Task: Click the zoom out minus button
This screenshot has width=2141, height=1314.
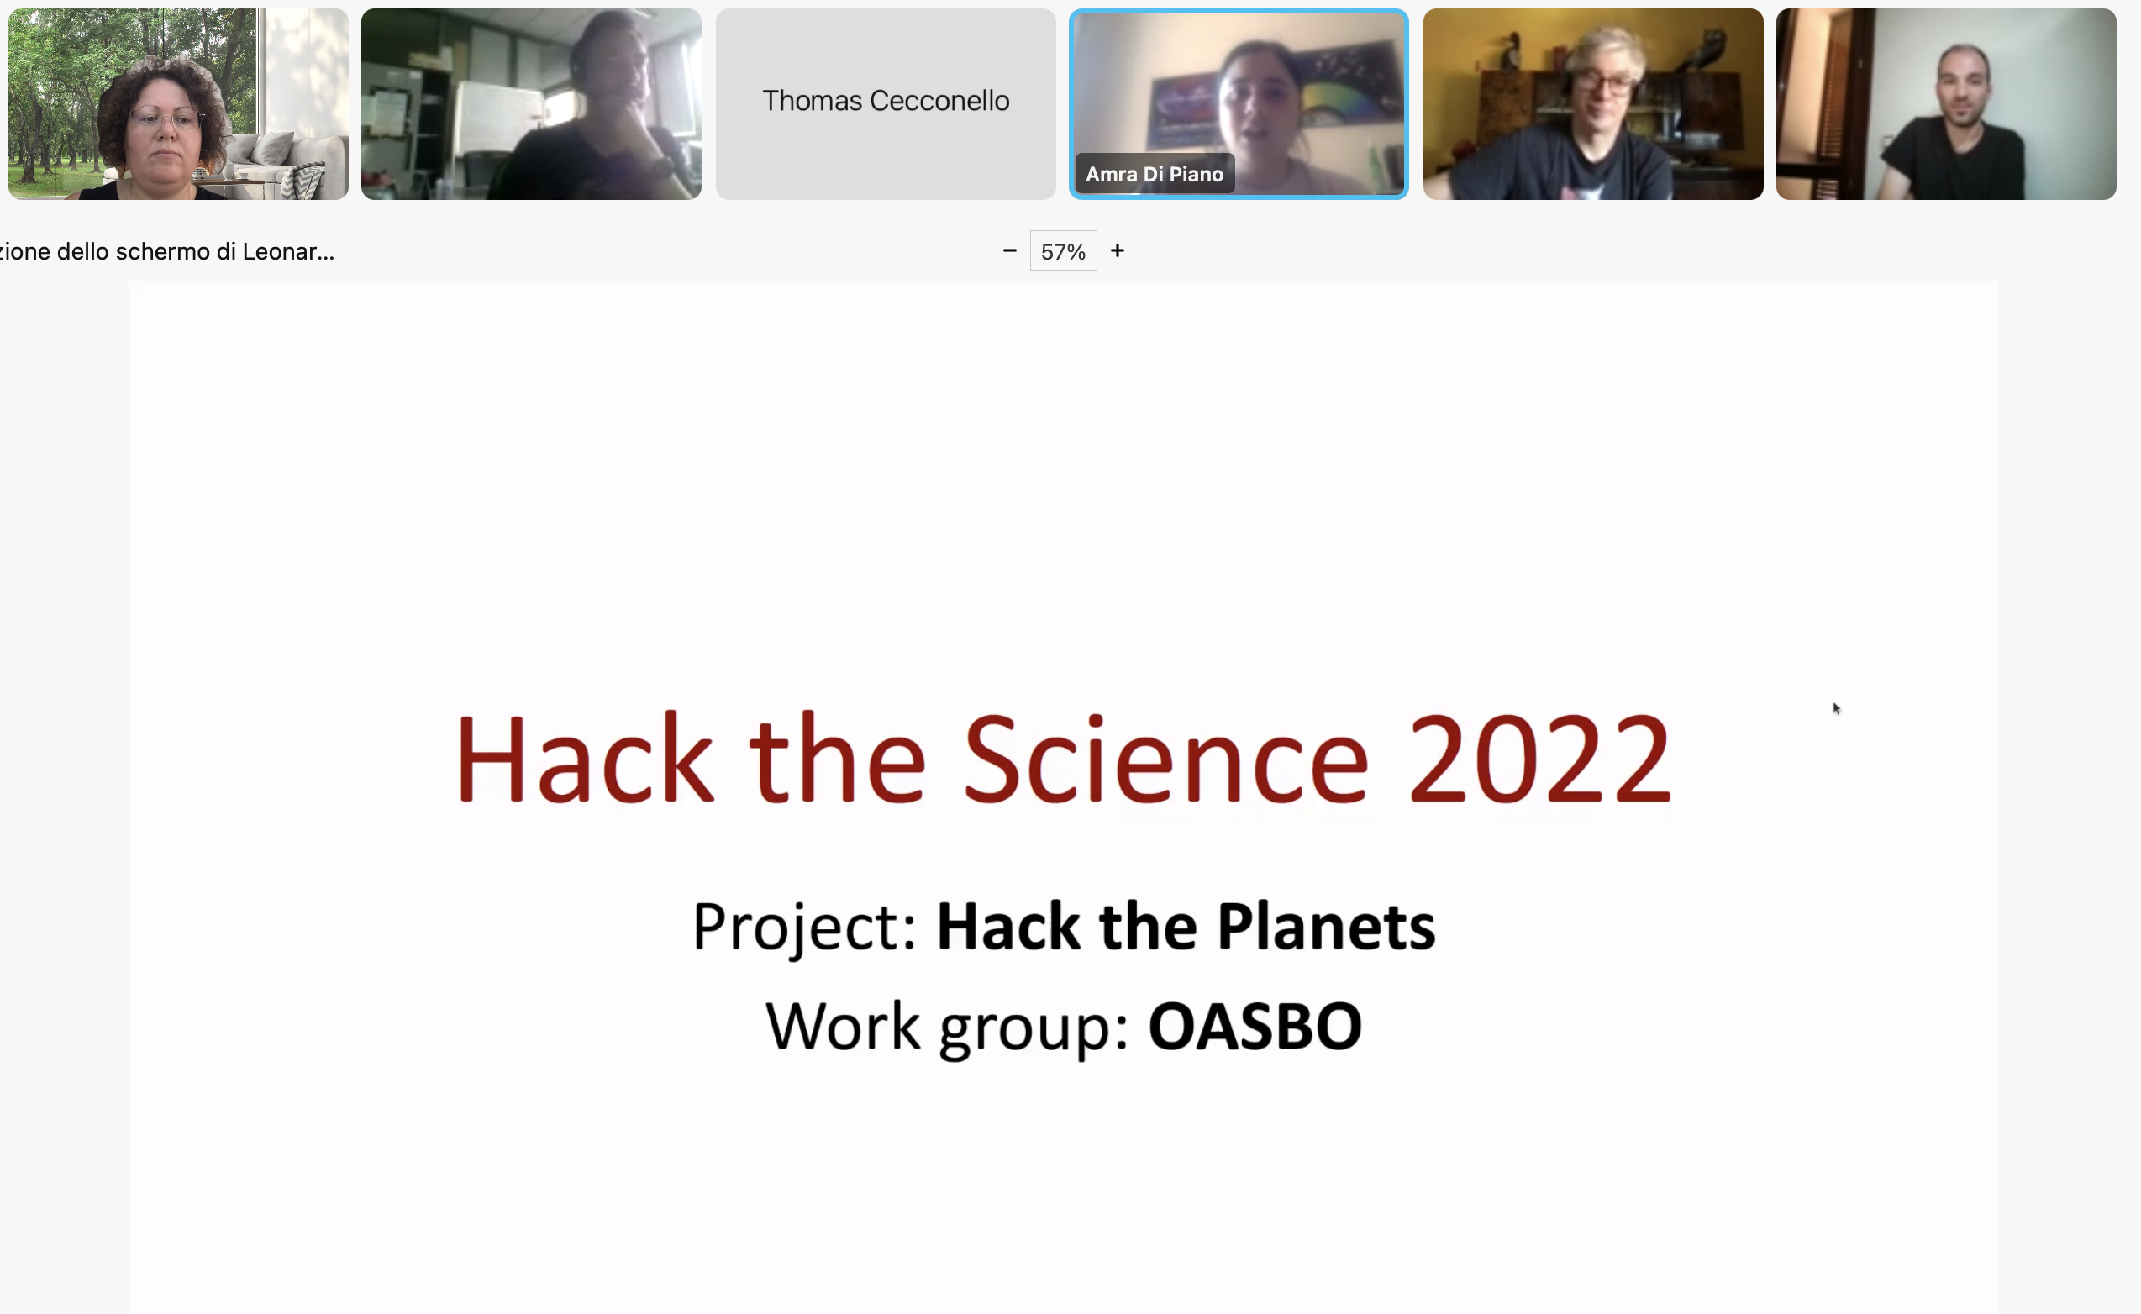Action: [1009, 251]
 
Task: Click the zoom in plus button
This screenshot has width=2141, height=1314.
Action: [1118, 251]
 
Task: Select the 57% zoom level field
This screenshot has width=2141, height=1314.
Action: [1064, 251]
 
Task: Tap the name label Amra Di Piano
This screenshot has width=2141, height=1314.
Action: [1154, 174]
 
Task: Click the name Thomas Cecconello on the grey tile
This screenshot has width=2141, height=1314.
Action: [886, 101]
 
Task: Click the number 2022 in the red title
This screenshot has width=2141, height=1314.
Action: [1539, 759]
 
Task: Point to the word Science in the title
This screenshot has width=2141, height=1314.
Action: [1166, 759]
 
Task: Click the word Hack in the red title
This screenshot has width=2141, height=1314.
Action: [584, 759]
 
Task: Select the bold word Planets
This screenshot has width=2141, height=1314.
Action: [1326, 927]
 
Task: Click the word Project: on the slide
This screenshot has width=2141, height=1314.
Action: [804, 928]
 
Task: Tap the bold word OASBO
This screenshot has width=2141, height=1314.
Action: [1255, 1027]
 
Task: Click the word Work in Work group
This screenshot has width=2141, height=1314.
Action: [842, 1027]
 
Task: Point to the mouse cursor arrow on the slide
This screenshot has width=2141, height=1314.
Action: [1836, 708]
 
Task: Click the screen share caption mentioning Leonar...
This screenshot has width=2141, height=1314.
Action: [167, 252]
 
